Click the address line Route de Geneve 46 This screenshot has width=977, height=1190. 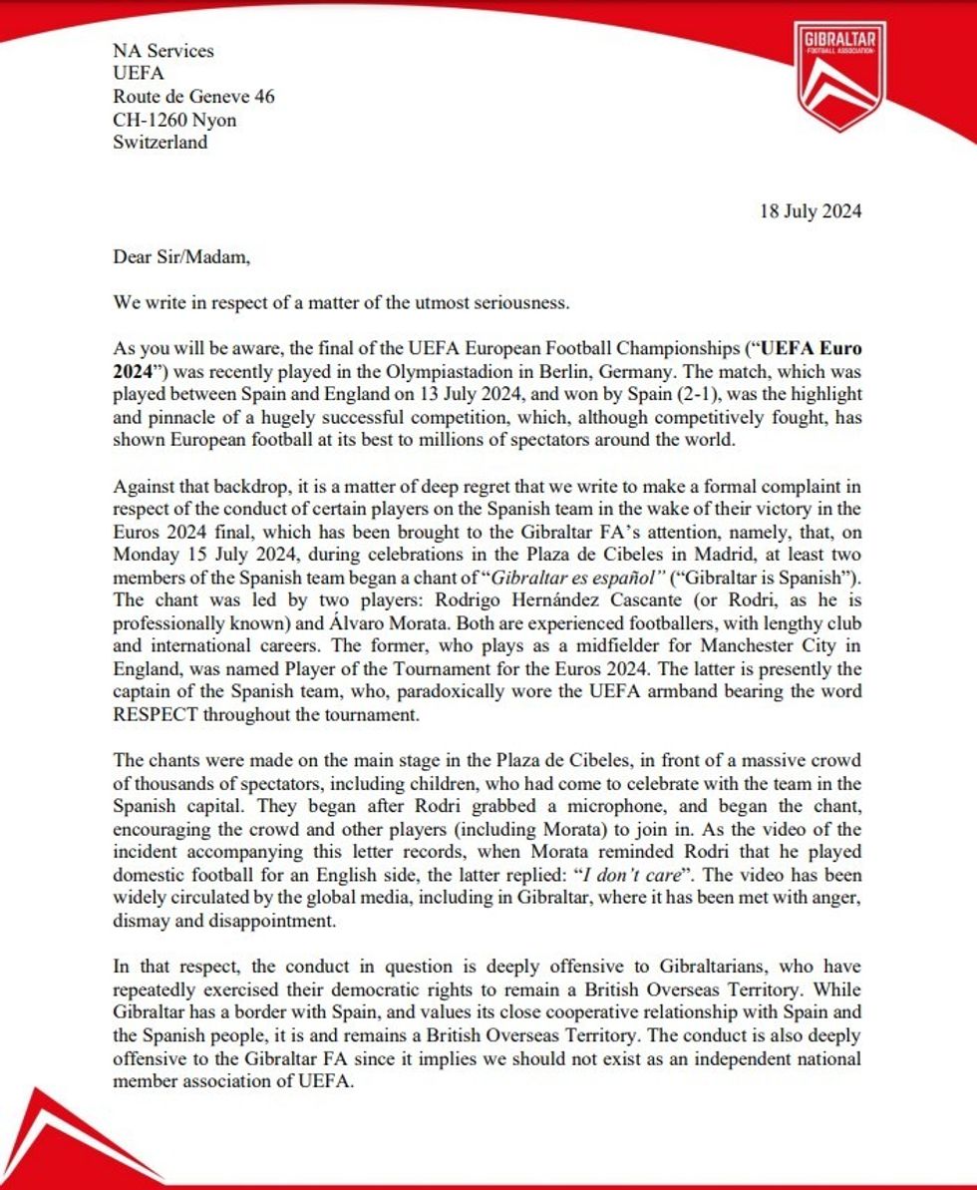(x=193, y=96)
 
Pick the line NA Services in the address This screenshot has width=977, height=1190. (x=163, y=51)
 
